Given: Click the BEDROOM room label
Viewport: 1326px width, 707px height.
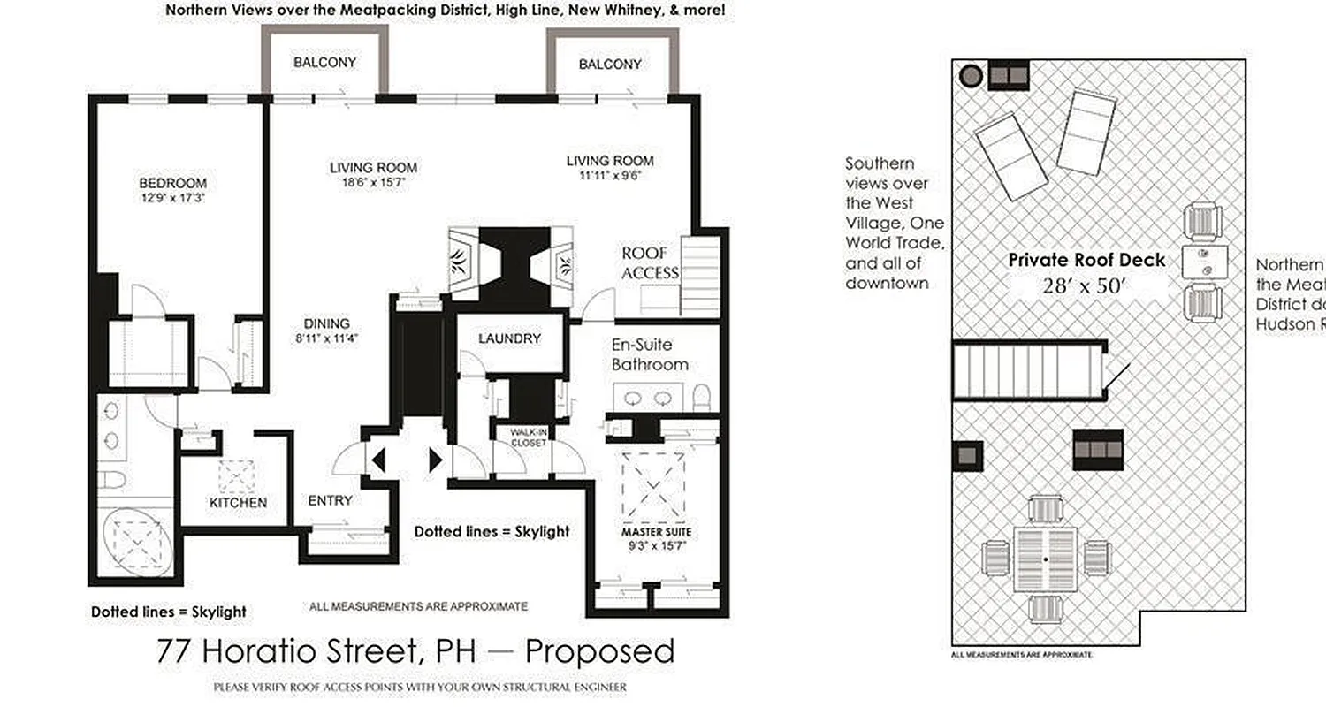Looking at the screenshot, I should click(x=172, y=184).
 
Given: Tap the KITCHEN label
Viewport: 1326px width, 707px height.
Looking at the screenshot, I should click(x=238, y=503).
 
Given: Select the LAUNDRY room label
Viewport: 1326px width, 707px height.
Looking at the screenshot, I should click(x=508, y=338).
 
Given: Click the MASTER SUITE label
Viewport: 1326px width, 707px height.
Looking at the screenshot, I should click(x=655, y=532).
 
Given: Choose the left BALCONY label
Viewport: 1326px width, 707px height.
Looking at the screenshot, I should click(x=324, y=63).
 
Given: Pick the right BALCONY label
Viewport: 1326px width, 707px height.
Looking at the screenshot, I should click(x=610, y=65).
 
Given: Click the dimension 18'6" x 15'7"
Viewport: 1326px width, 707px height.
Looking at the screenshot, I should click(x=373, y=183).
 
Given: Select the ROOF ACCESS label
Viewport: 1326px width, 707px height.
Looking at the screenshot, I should click(x=650, y=262).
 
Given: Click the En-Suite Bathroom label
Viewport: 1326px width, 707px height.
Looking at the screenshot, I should click(x=650, y=354).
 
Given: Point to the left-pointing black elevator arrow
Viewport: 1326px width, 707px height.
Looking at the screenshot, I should click(x=378, y=460).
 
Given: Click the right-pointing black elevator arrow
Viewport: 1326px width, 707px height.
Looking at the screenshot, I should click(x=435, y=460).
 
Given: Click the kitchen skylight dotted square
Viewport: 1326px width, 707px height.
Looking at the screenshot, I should click(x=236, y=477).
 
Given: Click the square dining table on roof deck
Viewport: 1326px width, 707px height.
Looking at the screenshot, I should click(x=1046, y=559).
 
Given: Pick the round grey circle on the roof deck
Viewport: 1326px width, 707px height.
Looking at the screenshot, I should click(x=971, y=76).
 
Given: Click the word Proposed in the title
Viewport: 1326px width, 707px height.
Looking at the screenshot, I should click(x=599, y=652).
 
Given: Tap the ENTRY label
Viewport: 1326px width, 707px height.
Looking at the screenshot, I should click(x=330, y=501).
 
